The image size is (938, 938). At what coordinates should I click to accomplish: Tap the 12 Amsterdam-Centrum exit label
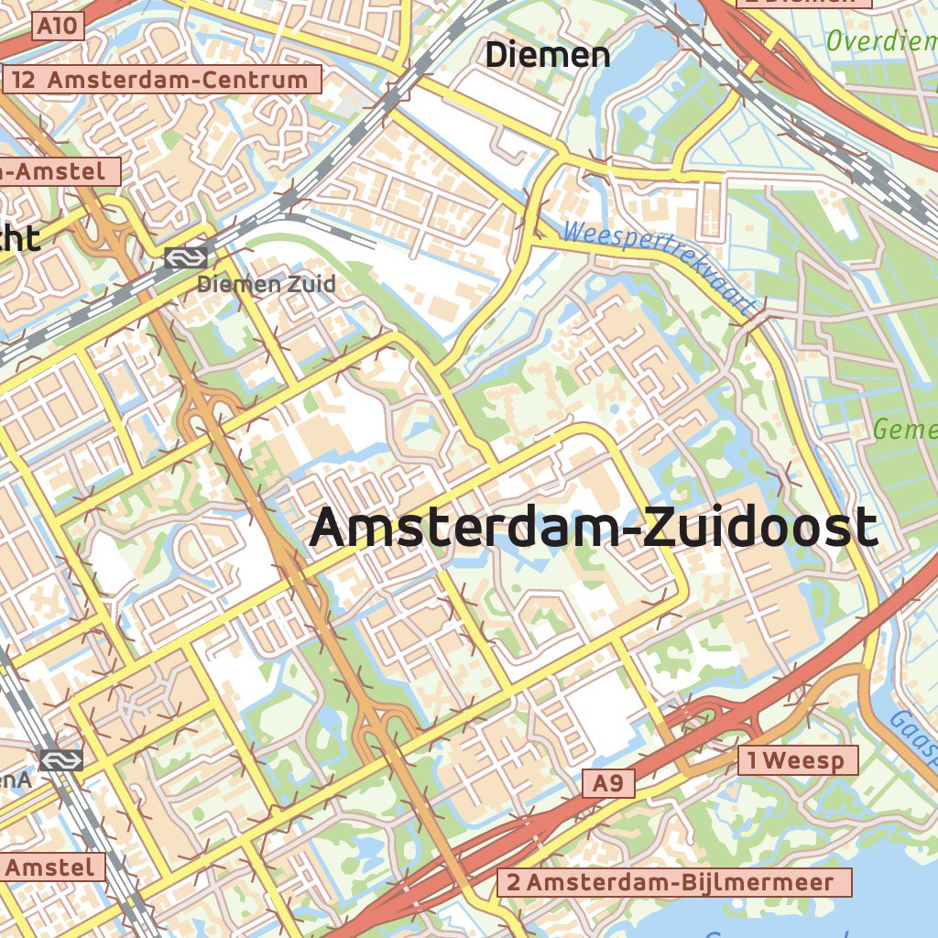[161, 80]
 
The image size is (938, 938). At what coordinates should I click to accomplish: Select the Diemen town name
[547, 55]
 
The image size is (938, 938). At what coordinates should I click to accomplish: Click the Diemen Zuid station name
[267, 285]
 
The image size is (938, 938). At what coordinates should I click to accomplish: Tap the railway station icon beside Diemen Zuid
[186, 258]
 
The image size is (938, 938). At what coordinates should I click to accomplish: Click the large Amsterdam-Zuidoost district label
[594, 529]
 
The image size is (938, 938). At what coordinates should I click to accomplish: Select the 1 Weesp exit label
[798, 760]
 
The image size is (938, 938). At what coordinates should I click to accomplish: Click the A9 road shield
[608, 783]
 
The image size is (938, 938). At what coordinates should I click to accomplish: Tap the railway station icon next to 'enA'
[61, 759]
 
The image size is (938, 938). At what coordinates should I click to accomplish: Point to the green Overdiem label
[880, 41]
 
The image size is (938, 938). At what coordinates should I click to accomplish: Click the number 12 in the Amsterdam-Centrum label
[25, 80]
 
